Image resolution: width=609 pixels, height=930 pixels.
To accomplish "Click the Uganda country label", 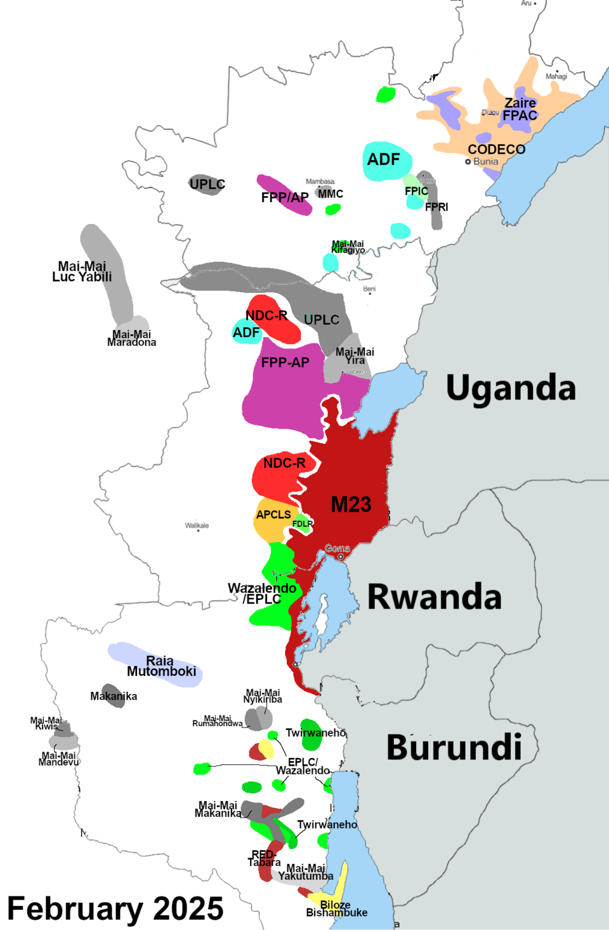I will click(511, 387).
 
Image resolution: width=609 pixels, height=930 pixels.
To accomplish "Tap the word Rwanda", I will click(435, 597).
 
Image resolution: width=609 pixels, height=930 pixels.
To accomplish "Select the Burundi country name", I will click(454, 747).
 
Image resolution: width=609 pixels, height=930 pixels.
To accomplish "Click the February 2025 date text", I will click(115, 908).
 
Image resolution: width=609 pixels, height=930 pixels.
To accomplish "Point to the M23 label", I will click(351, 505).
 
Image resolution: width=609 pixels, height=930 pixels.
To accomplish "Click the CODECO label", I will click(496, 149).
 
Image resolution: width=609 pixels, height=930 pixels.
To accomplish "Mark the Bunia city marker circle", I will click(468, 162).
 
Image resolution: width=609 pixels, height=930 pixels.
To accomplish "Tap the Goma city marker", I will click(341, 557).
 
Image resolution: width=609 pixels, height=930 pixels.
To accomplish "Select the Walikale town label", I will click(197, 525).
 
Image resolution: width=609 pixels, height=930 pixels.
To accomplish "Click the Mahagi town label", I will click(556, 76).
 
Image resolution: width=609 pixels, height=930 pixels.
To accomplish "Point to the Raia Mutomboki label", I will click(161, 666).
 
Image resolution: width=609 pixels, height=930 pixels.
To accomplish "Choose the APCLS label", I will click(273, 515).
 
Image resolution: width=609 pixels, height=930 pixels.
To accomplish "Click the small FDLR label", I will click(303, 524).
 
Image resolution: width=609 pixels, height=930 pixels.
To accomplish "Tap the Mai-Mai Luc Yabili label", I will click(82, 272).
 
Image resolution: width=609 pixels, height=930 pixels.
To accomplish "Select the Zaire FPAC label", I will click(520, 109).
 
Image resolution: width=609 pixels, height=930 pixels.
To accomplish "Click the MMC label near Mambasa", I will click(331, 194).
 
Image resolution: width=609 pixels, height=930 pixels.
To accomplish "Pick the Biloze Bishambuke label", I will click(336, 908).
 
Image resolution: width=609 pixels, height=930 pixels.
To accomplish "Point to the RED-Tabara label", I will click(264, 858).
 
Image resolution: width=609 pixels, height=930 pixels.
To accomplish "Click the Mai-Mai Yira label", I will click(355, 356).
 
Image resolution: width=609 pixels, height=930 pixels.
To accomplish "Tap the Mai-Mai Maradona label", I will click(131, 338).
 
